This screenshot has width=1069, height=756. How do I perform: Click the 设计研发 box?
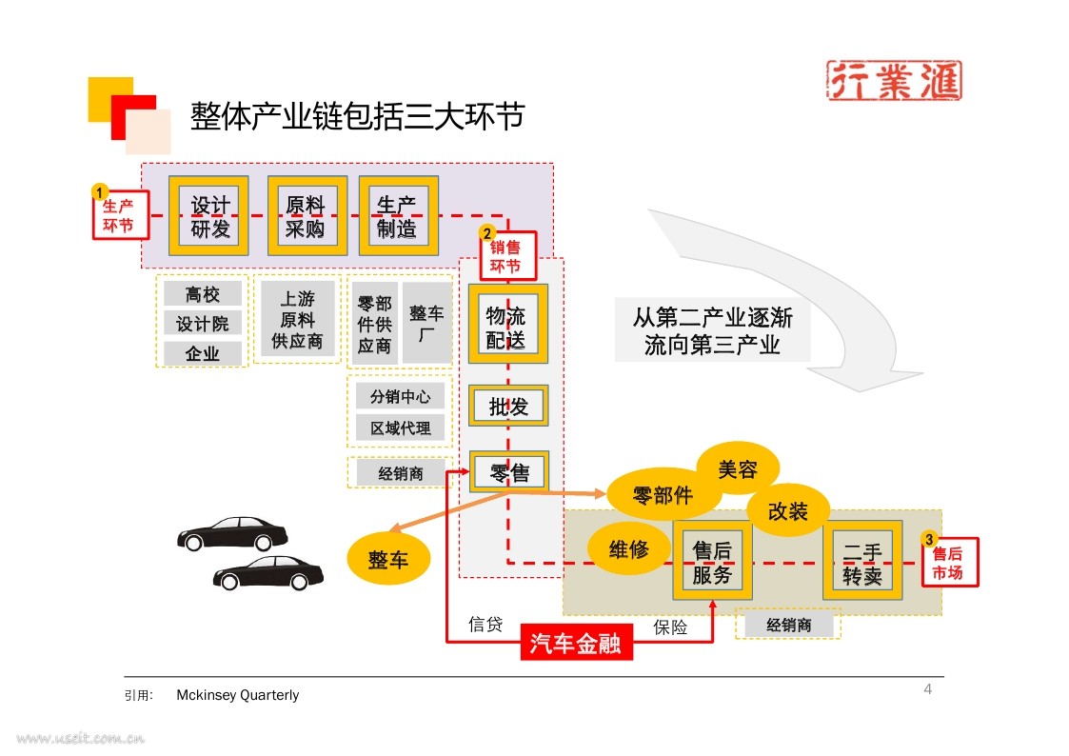(208, 216)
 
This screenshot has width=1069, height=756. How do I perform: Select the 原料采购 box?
(307, 216)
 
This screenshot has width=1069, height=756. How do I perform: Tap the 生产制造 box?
(399, 216)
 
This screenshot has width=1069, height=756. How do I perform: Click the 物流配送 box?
(508, 324)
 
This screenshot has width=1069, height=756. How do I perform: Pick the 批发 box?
(508, 407)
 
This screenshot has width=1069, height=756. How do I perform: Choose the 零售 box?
(508, 471)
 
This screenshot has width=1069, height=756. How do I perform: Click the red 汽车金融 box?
(576, 642)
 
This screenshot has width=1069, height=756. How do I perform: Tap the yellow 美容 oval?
(738, 469)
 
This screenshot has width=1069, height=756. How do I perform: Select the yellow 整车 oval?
(388, 559)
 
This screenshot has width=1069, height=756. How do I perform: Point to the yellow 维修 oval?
(628, 548)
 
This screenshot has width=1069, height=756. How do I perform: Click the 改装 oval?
(788, 510)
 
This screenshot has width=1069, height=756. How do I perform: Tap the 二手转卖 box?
(862, 561)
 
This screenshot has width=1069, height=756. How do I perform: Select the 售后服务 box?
(712, 561)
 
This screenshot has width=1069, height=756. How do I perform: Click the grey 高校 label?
(203, 294)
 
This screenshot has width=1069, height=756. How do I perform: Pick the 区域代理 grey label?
(400, 428)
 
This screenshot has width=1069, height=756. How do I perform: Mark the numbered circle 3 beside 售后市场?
(928, 539)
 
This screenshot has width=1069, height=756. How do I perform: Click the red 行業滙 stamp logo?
(894, 80)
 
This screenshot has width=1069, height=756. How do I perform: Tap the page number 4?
(928, 689)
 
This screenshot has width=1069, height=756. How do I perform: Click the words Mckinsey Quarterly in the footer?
(237, 695)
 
